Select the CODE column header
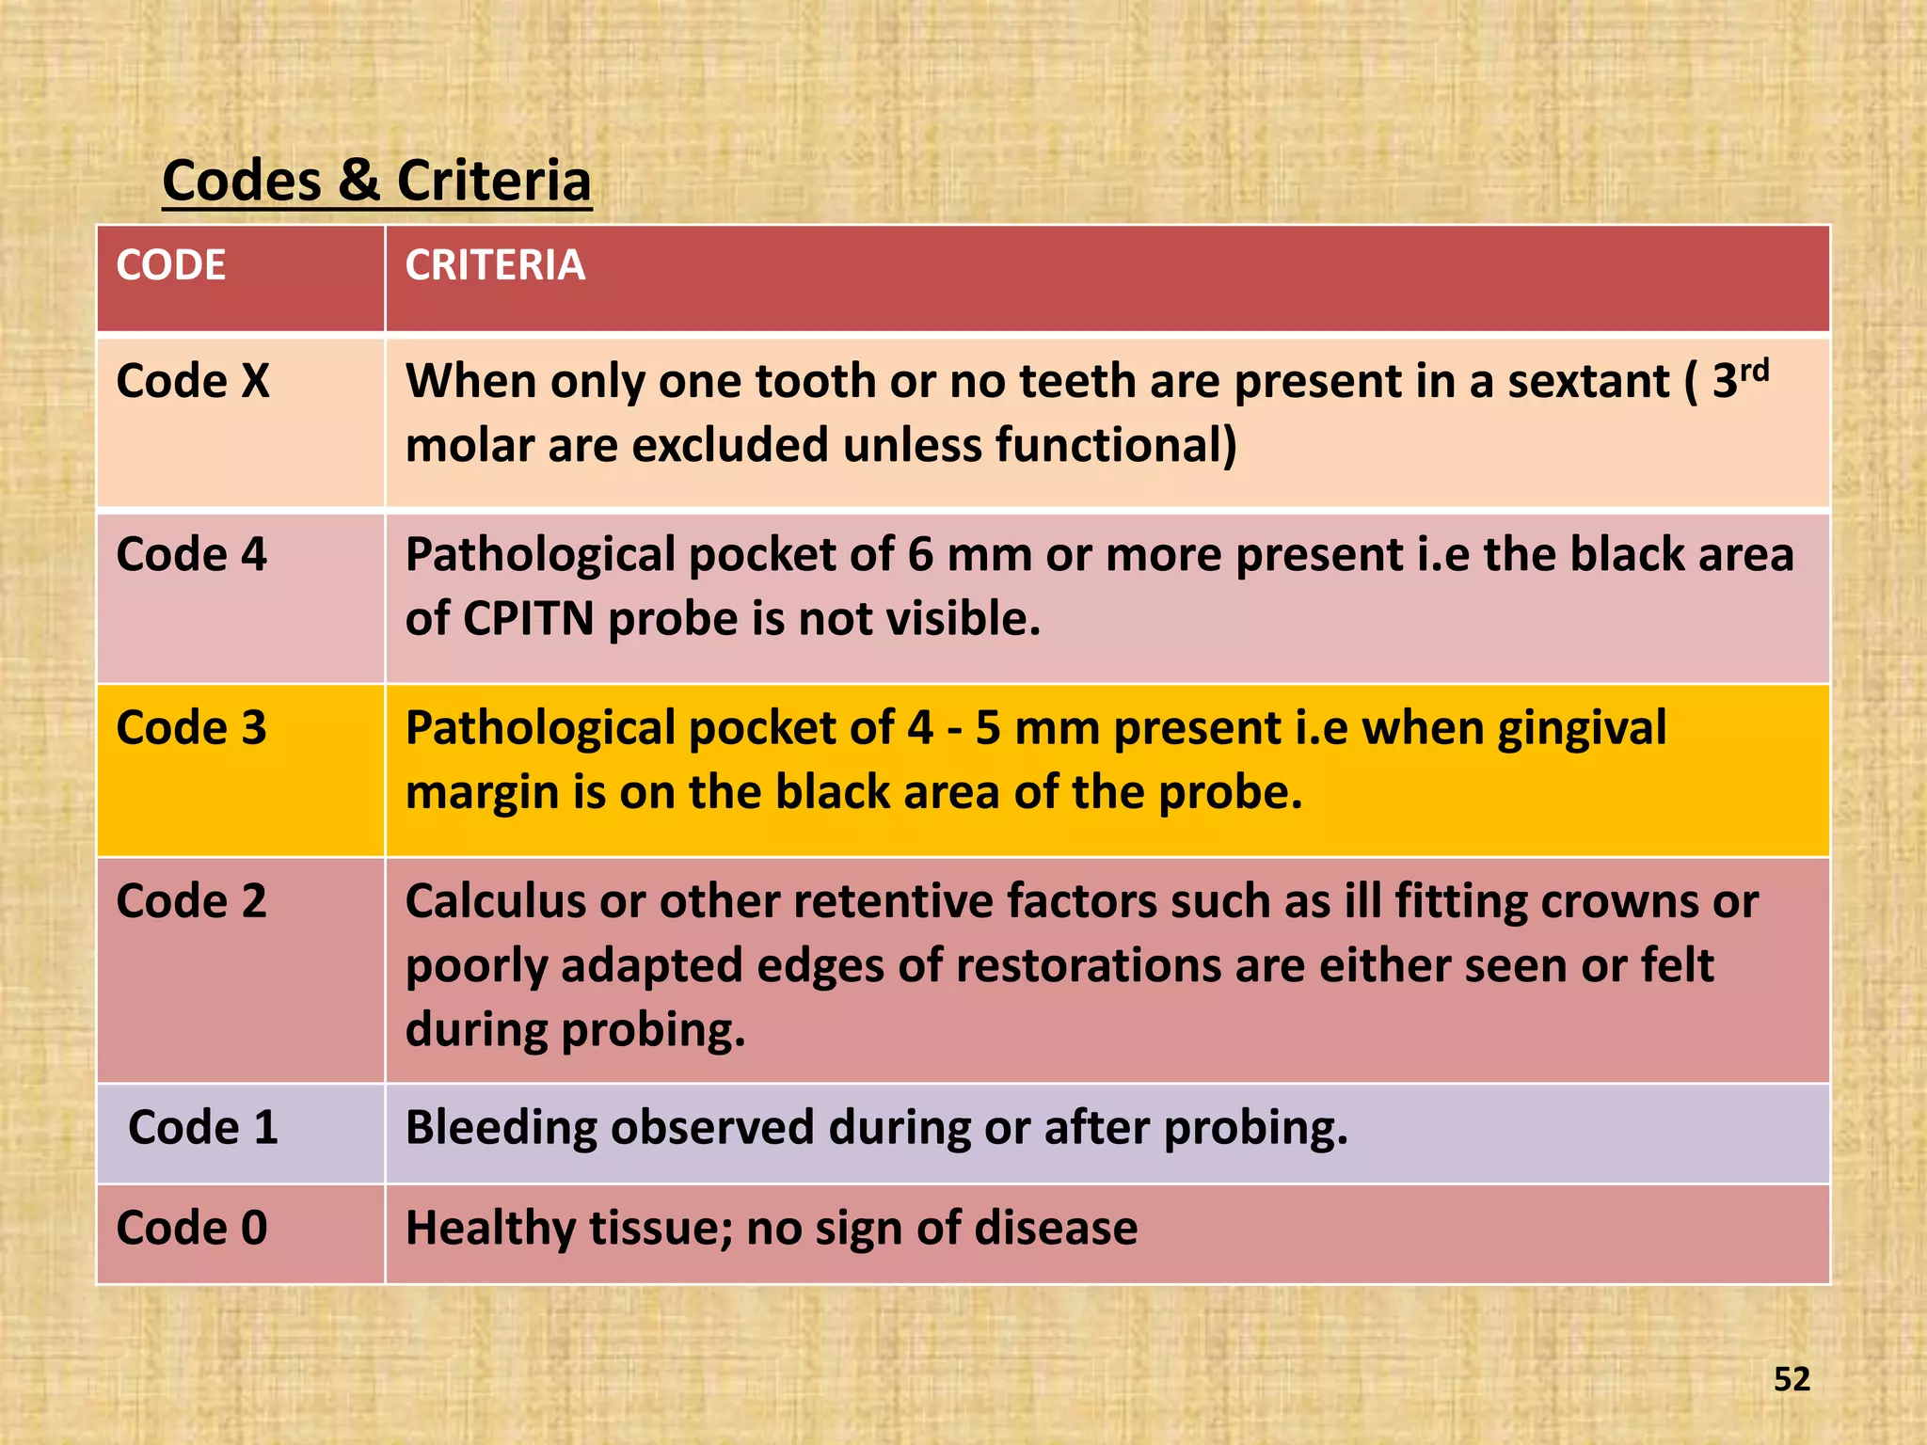170,265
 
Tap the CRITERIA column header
495,265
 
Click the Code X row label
192,381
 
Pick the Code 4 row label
191,554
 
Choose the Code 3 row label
191,727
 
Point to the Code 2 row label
191,900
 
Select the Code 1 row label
202,1127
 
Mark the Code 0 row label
191,1228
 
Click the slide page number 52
1792,1379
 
